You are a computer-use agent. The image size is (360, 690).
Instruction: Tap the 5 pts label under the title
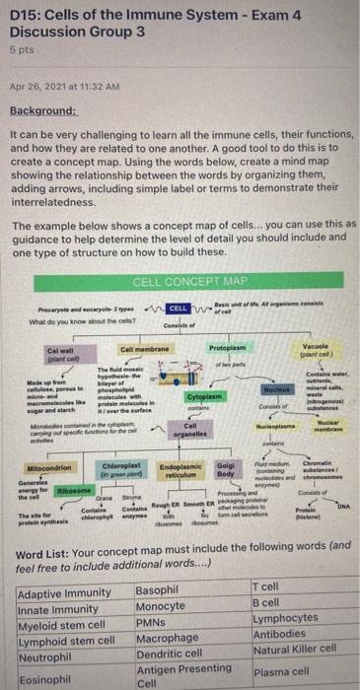click(20, 46)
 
